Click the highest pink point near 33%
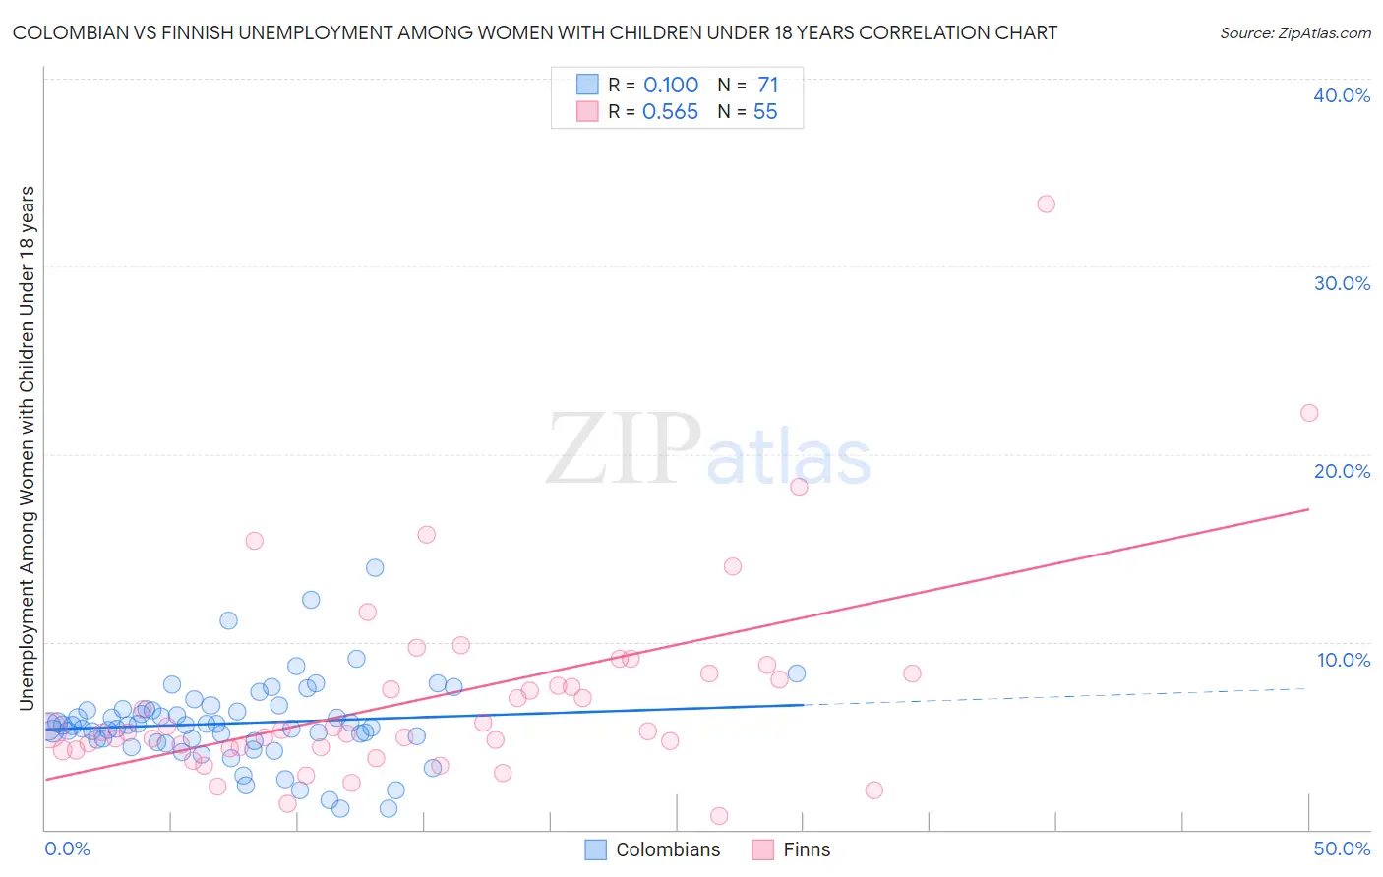pos(1046,204)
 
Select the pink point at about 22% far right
pos(1309,413)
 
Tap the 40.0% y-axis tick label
pos(1342,95)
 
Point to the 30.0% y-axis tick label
pos(1342,283)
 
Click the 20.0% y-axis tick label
pos(1342,471)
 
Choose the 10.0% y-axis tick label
pos(1344,660)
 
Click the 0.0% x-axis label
pos(67,848)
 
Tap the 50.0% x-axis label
pos(1342,848)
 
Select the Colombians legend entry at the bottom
pos(653,849)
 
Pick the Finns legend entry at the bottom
pos(792,849)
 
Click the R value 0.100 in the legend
pos(671,85)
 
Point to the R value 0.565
pos(670,112)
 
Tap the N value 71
pos(767,85)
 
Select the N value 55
pos(765,112)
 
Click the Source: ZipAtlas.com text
pos(1294,33)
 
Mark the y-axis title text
pos(28,447)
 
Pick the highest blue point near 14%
pos(375,567)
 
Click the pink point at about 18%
pos(799,487)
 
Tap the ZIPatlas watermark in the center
pos(708,450)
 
